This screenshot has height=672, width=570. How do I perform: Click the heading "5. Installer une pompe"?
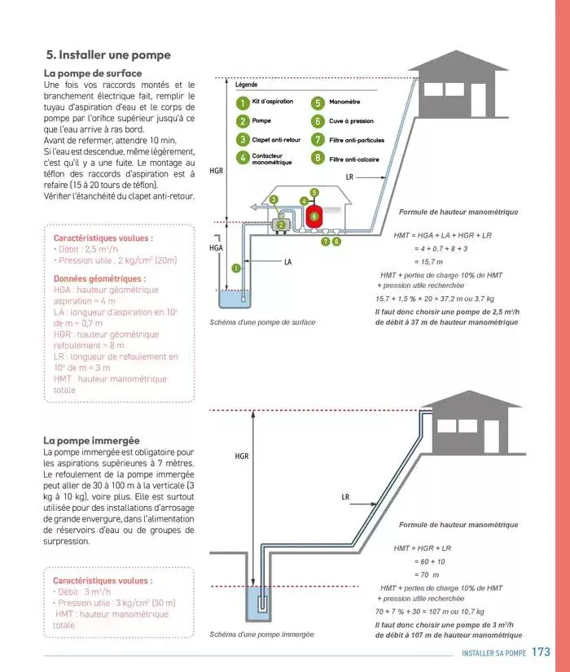(108, 55)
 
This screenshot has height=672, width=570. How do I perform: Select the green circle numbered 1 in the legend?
(242, 103)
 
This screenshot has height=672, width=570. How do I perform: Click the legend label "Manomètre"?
(344, 103)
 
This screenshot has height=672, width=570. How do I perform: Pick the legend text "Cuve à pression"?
(351, 121)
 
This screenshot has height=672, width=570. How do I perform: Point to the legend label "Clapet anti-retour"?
(276, 140)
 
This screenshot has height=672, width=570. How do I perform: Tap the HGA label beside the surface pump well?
(216, 247)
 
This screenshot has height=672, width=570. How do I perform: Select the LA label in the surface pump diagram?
(287, 263)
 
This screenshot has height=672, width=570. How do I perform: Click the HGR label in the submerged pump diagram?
(242, 456)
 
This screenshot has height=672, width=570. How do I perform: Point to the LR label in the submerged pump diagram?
(345, 496)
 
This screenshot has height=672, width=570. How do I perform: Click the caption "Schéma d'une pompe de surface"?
(262, 322)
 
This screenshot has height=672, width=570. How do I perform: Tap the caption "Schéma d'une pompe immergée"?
(261, 634)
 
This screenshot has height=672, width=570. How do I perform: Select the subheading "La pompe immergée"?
(91, 440)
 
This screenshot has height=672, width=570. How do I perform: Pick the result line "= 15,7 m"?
(428, 262)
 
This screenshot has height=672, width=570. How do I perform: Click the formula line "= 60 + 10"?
(429, 561)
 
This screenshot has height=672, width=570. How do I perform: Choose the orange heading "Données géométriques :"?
(99, 278)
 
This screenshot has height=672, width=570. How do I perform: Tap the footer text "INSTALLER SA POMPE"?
(493, 653)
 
